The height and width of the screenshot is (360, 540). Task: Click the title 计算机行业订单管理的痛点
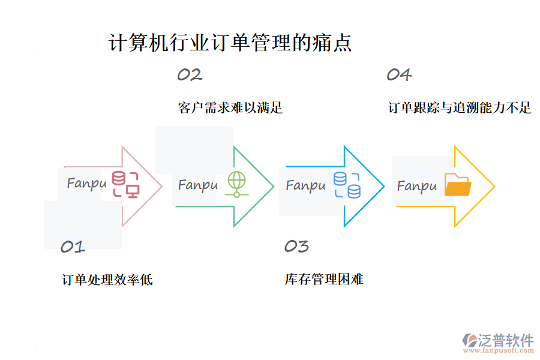tap(230, 43)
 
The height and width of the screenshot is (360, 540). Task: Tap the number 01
tap(73, 247)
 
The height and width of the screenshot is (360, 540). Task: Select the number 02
tap(190, 75)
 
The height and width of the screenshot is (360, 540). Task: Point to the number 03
tap(296, 246)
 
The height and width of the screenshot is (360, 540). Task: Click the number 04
tap(399, 75)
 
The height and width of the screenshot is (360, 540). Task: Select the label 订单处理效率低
tap(107, 280)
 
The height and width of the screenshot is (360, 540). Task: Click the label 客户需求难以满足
tap(230, 108)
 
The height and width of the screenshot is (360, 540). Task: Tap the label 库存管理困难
tap(324, 280)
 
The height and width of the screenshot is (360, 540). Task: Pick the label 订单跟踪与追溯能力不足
tap(460, 108)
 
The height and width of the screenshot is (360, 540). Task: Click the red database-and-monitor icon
tap(126, 184)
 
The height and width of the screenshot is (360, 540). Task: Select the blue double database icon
tap(347, 184)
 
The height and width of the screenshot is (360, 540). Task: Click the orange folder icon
tap(458, 185)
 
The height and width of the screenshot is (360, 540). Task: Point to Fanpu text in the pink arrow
tap(86, 183)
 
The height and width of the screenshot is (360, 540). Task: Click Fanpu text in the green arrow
tap(197, 185)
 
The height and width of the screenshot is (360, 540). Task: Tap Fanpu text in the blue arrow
tap(305, 185)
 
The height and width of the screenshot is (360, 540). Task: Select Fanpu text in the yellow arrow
tap(416, 186)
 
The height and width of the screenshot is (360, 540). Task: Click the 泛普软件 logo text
tap(505, 340)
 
